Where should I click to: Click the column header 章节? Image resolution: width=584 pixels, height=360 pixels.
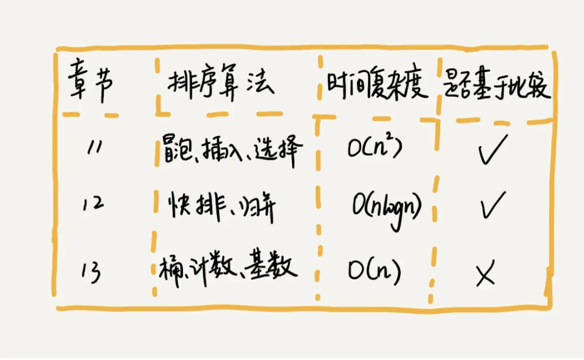coord(91,86)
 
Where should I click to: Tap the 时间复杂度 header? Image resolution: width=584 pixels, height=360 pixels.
coord(377,87)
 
